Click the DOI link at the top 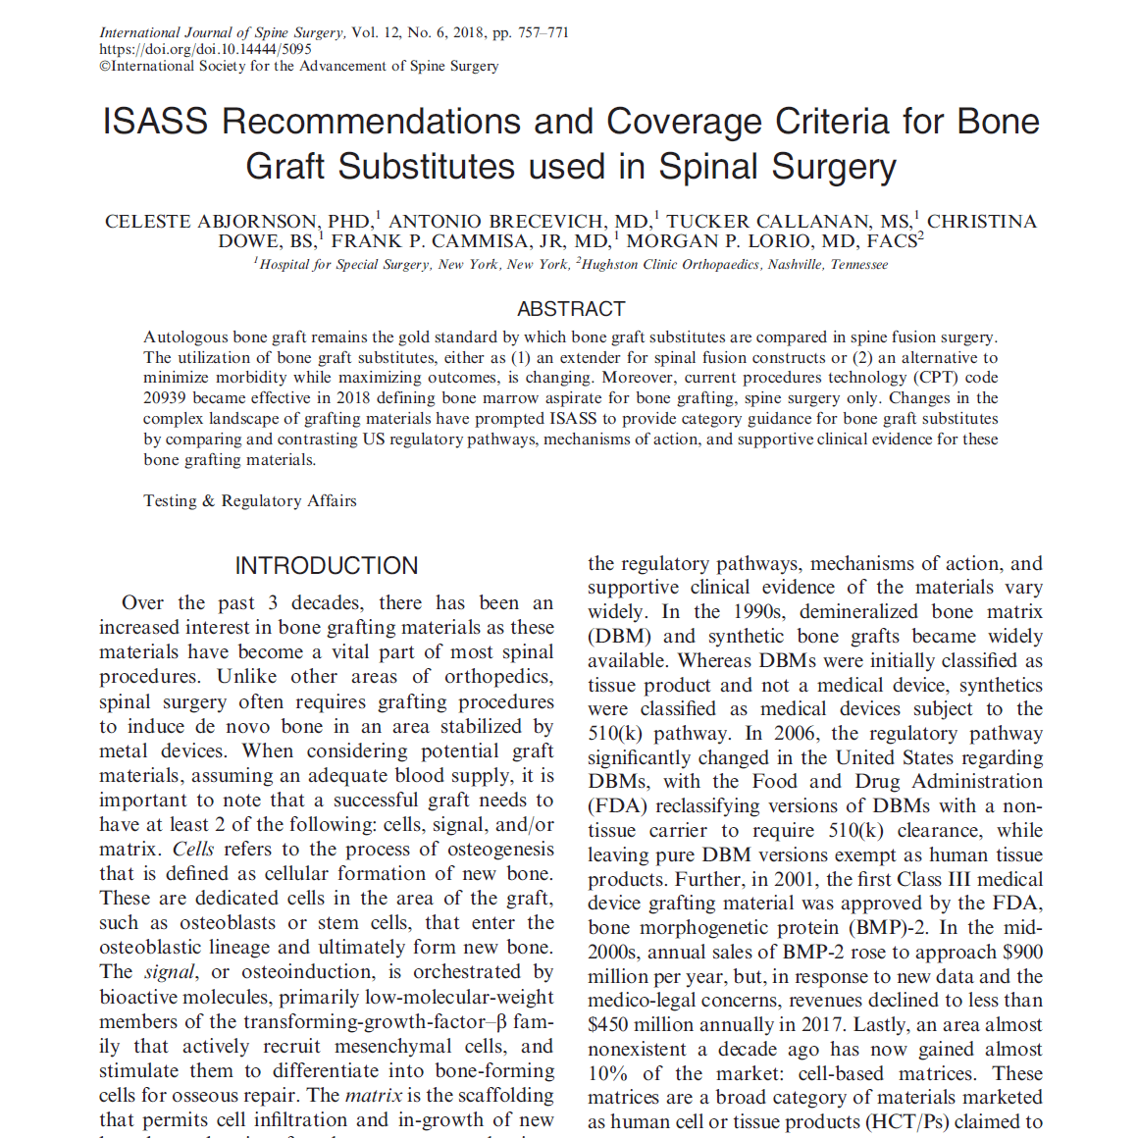tap(205, 49)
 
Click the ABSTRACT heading tap(571, 309)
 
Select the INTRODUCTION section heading tap(326, 566)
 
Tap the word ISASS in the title tap(156, 122)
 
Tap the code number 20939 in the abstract tap(166, 398)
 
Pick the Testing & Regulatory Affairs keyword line tap(250, 501)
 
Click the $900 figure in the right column tap(1022, 953)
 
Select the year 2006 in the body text tap(795, 734)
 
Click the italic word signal tap(169, 972)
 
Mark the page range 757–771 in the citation tap(543, 32)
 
